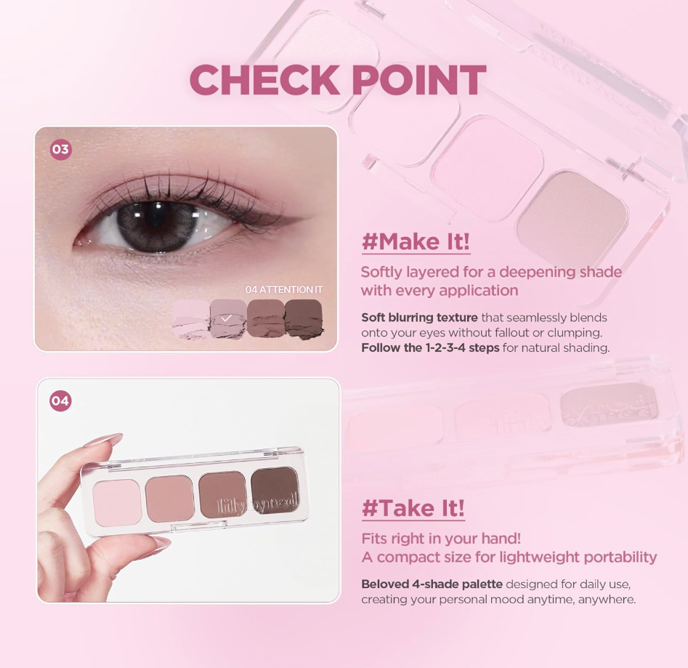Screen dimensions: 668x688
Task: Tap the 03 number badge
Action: click(60, 150)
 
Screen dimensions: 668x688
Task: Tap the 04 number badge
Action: click(60, 401)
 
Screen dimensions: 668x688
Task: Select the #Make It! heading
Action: click(416, 241)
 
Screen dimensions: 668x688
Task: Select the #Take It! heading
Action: click(413, 508)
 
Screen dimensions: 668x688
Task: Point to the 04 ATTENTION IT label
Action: click(284, 289)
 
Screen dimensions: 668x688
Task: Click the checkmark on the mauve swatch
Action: click(227, 318)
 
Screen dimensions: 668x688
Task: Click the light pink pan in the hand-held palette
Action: click(118, 502)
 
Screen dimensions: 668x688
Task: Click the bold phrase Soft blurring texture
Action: click(419, 318)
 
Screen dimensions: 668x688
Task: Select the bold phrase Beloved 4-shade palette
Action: click(432, 584)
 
